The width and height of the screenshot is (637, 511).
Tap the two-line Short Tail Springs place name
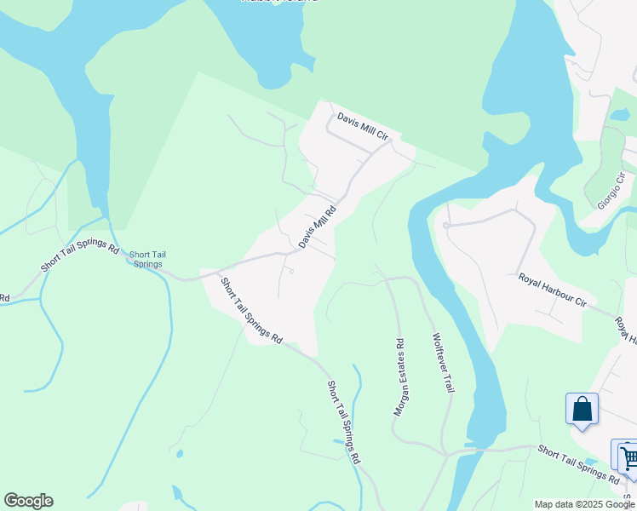pos(146,259)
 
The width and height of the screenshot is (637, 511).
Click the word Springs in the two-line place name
pos(147,264)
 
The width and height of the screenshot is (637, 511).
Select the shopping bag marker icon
pos(582,409)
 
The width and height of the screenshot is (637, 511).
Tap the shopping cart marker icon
pos(626,456)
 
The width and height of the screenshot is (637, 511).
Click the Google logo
pos(28,501)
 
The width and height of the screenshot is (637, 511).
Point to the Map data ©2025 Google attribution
pos(584,504)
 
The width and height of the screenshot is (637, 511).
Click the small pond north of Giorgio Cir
pos(620,115)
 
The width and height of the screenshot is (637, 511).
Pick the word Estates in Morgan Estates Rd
pos(400,377)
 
